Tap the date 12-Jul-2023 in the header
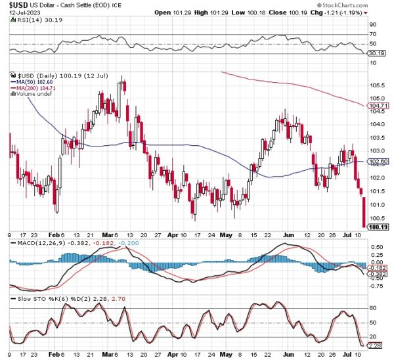coord(21,13)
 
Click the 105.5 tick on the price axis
coord(376,85)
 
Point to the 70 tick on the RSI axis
coord(373,34)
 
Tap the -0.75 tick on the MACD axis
coord(376,286)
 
